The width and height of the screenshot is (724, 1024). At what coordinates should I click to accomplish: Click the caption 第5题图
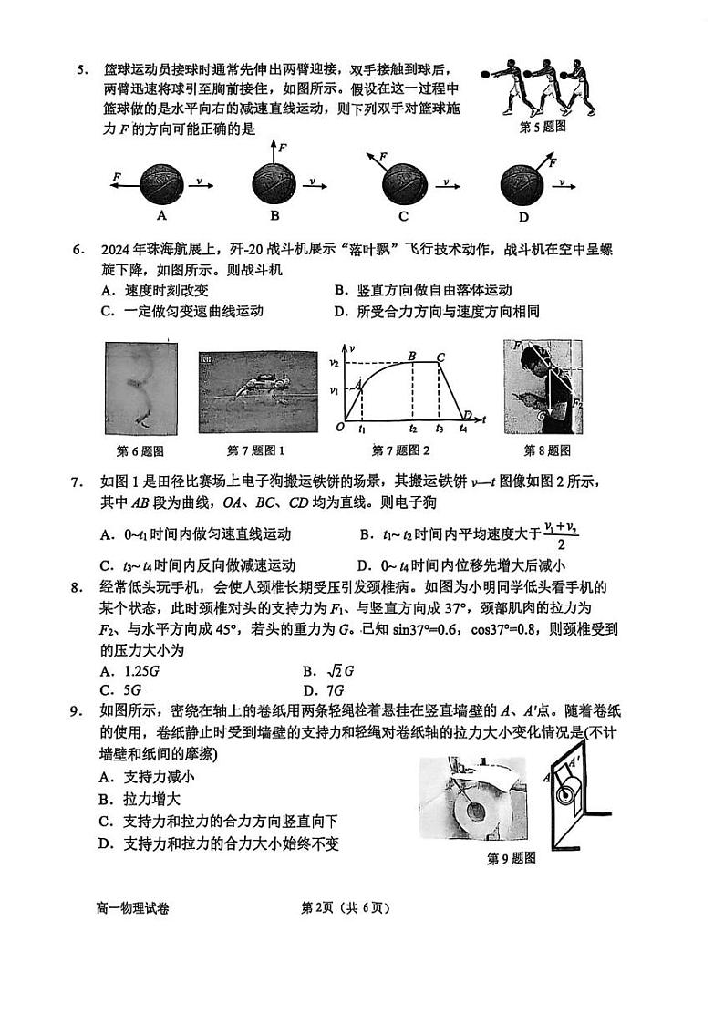(x=542, y=127)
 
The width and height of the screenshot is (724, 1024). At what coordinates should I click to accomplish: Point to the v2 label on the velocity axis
(x=334, y=363)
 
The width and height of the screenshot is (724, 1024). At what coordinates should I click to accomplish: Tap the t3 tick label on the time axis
(x=439, y=428)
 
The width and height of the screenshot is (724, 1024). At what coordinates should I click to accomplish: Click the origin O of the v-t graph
(x=338, y=427)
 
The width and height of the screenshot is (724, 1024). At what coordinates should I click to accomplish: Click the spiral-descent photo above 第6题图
(x=140, y=386)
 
